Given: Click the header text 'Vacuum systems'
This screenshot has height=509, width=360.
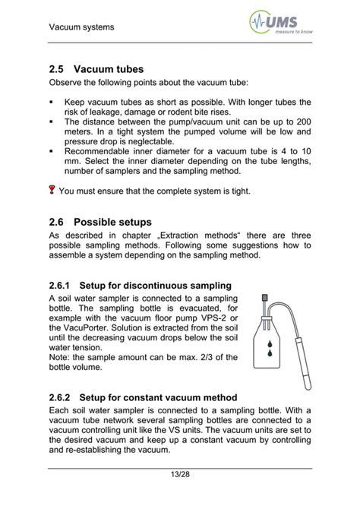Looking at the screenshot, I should coord(81,28).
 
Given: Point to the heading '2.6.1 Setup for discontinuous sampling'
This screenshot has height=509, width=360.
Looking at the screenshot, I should coord(140,286).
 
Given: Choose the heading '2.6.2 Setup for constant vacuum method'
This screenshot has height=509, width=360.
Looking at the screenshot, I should coord(143,397).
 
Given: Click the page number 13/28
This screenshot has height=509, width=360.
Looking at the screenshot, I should coord(180,476).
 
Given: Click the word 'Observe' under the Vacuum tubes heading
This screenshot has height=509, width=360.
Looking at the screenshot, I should coord(68,82).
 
